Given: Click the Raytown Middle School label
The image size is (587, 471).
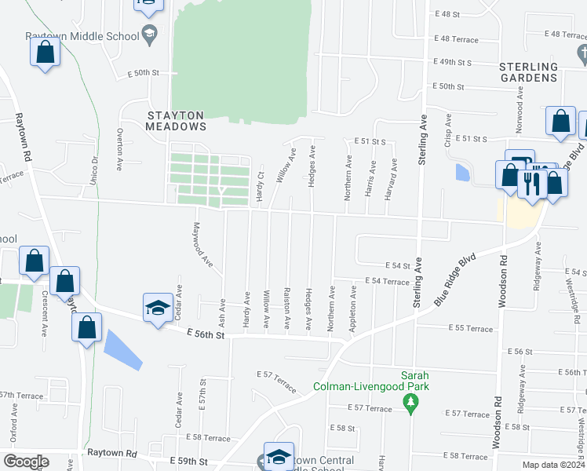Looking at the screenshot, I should pos(81,36).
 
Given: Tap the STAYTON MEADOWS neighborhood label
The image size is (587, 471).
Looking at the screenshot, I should pos(177,120).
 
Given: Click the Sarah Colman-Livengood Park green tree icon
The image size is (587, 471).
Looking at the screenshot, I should pos(409,403).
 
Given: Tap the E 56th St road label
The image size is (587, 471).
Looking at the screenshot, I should pos(206,335).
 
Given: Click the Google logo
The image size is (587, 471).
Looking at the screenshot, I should pos(27,462).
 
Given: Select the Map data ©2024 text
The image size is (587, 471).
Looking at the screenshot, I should pos(554,465).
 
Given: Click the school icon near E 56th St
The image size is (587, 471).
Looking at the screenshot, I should pos(158,307).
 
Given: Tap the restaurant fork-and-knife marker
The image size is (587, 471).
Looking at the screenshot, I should pos(534,183).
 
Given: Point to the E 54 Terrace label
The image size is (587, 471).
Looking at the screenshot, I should pos(387,281).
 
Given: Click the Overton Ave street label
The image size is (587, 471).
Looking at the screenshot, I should pos(119,150).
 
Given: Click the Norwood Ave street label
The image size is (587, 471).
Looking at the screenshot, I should pos(519,110).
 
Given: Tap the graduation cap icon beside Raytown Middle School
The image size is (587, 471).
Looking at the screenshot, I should pos(149,35).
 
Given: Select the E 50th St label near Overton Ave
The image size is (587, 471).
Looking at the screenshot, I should pos(143,72).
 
